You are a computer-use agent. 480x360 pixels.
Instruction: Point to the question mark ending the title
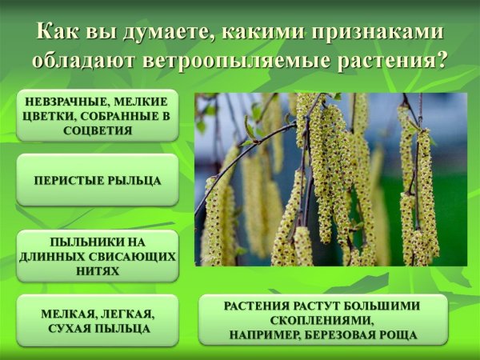coord(442,60)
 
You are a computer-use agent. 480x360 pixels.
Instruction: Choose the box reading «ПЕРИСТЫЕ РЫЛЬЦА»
coord(98,180)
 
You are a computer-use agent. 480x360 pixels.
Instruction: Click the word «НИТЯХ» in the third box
coord(98,270)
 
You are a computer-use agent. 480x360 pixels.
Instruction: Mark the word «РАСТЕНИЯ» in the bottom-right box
coord(256,306)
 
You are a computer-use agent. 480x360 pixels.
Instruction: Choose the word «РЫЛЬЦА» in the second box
coord(134,180)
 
